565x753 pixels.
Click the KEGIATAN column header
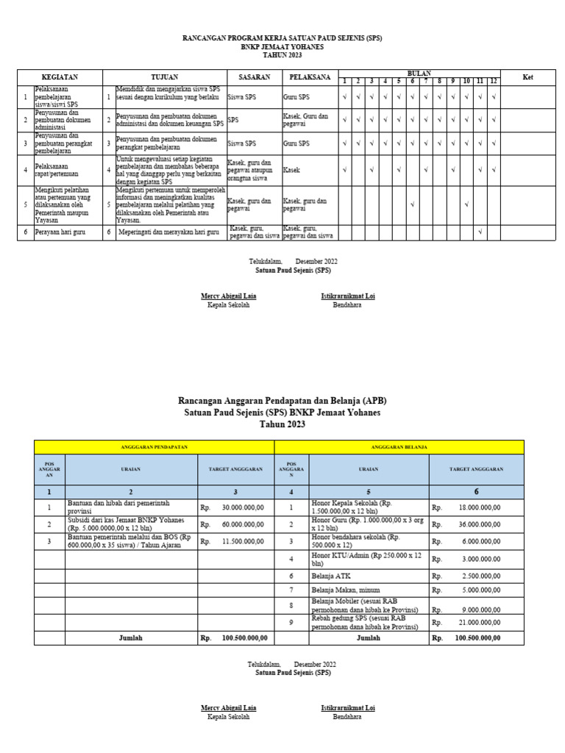click(x=60, y=77)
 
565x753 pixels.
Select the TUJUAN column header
click(x=164, y=77)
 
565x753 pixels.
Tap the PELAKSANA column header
click(x=309, y=77)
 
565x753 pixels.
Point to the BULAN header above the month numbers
click(x=419, y=74)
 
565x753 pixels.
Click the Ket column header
click(x=527, y=77)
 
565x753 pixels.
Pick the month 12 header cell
click(x=494, y=81)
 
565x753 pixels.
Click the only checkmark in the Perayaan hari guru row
click(x=480, y=232)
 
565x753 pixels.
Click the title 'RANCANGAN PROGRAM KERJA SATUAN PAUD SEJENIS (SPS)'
click(x=282, y=38)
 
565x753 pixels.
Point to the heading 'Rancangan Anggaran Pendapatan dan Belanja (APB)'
click(x=282, y=401)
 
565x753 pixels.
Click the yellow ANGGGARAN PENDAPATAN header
click(x=154, y=447)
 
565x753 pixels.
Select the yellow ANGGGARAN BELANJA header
click(x=399, y=447)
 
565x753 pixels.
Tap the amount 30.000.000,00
click(x=243, y=507)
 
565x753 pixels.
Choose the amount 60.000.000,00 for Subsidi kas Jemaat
click(x=243, y=524)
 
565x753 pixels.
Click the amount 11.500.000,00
click(x=243, y=541)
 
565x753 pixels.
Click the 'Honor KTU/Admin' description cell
click(x=353, y=559)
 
